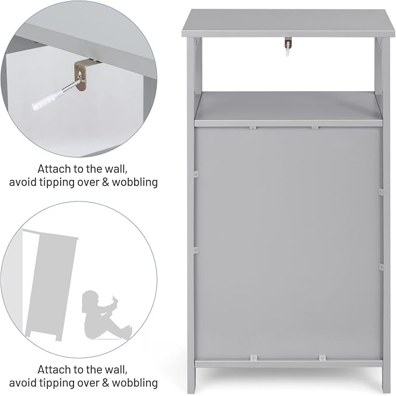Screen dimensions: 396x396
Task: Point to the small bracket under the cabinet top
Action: pyautogui.click(x=288, y=44)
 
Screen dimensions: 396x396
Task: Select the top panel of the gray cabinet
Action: pyautogui.click(x=288, y=23)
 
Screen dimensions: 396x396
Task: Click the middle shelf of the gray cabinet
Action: pyautogui.click(x=289, y=109)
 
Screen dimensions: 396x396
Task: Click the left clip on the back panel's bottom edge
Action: pyautogui.click(x=253, y=358)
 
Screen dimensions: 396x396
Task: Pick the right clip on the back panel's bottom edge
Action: pyautogui.click(x=322, y=358)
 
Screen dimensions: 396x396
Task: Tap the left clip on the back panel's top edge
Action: pyautogui.click(x=253, y=128)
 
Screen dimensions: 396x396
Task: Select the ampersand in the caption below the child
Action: pyautogui.click(x=106, y=383)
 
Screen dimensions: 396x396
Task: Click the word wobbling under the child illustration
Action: pyautogui.click(x=135, y=383)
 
